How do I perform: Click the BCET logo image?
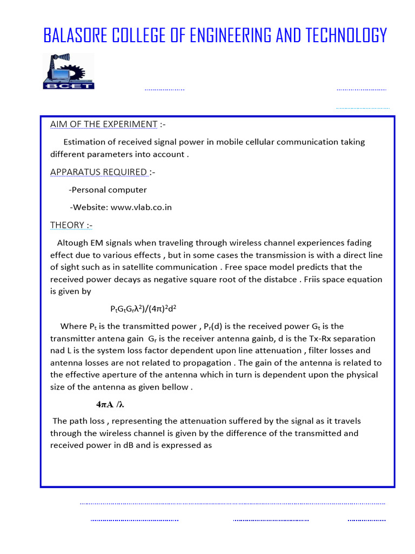pyautogui.click(x=68, y=71)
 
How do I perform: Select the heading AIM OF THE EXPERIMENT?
pyautogui.click(x=104, y=124)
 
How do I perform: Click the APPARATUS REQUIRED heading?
pyautogui.click(x=98, y=172)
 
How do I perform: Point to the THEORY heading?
pyautogui.click(x=67, y=225)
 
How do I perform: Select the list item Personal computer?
pyautogui.click(x=109, y=190)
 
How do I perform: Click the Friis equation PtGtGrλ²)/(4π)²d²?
pyautogui.click(x=144, y=309)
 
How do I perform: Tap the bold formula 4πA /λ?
pyautogui.click(x=110, y=404)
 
